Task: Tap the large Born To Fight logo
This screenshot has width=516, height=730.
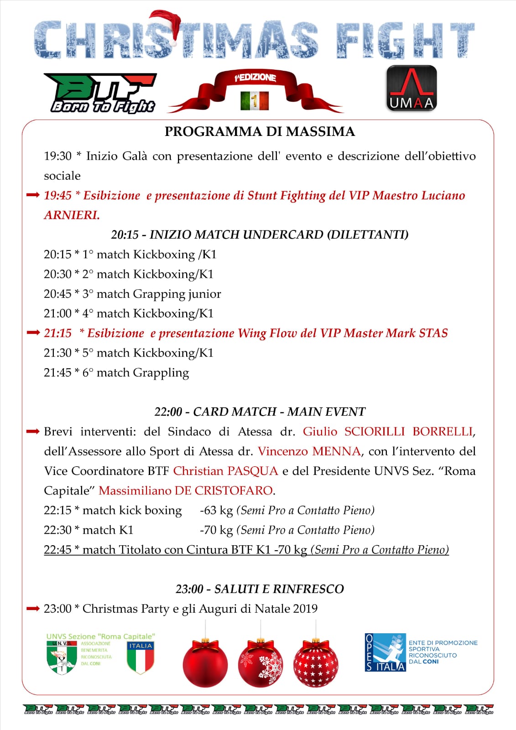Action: [103, 93]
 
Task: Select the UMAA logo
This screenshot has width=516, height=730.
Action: [412, 89]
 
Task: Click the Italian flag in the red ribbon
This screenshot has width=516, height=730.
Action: [255, 100]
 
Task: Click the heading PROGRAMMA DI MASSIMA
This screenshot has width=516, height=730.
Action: [260, 132]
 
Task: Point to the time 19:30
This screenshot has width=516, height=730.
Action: [57, 156]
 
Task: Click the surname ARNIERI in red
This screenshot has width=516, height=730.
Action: [72, 215]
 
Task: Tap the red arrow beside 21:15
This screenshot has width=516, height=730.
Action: [33, 333]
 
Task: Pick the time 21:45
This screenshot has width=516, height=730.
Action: [57, 373]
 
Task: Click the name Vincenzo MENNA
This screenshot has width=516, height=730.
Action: [309, 451]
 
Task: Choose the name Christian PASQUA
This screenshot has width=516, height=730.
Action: [225, 471]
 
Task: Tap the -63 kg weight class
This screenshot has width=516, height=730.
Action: [216, 510]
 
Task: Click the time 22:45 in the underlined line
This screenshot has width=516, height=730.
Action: [57, 550]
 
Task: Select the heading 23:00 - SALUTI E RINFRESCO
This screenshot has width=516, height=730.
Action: [260, 589]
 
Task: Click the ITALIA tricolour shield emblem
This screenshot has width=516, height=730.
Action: [141, 657]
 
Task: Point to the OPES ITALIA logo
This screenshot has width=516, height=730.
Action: [385, 652]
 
